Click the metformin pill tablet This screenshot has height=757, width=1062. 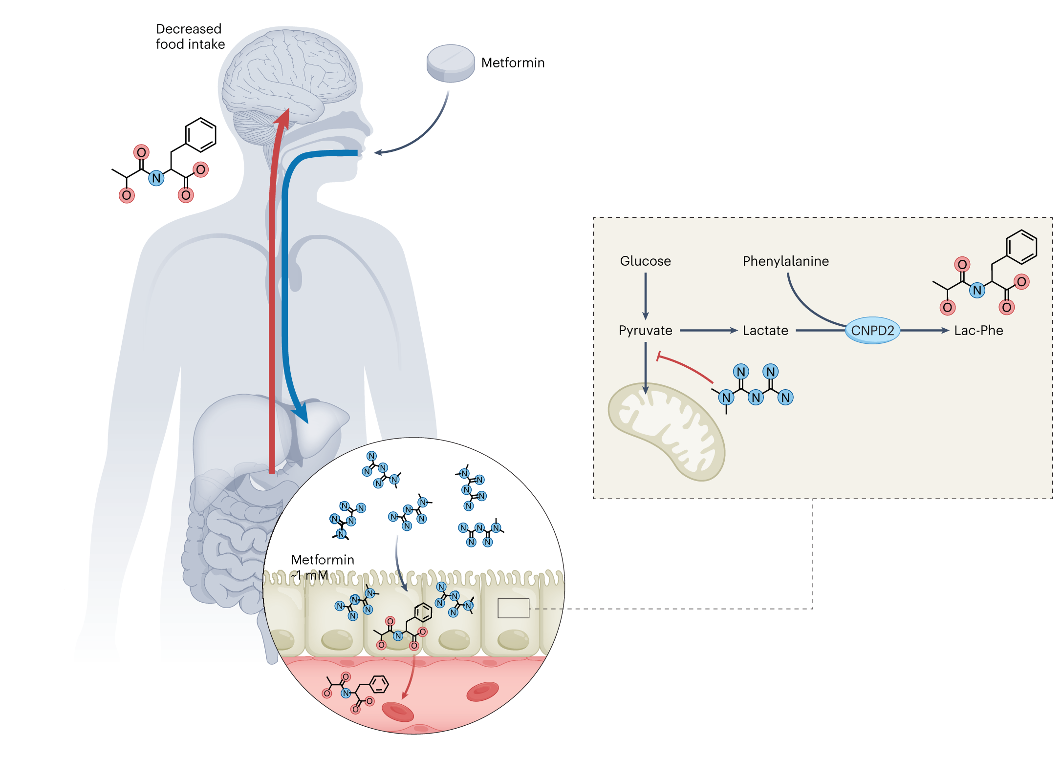coord(450,63)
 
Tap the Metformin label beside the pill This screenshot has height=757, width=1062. coord(513,63)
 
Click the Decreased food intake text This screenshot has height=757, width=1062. coord(190,37)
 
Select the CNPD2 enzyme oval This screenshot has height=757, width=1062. coord(872,331)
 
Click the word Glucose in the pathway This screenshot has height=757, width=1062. coord(645,261)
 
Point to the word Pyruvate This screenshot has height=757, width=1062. coord(645,331)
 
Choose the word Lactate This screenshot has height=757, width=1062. coord(765,331)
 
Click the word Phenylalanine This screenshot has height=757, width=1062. coord(785,261)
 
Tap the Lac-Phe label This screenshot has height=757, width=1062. coord(978,331)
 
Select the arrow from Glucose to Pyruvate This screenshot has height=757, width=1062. coord(646,296)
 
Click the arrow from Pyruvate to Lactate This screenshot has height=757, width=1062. coord(709,331)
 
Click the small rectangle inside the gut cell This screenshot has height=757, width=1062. coord(513,608)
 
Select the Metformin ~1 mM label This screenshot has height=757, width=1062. coord(322,568)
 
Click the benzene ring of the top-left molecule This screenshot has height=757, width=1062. coord(200,135)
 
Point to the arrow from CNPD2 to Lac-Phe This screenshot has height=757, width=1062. coord(925,331)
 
